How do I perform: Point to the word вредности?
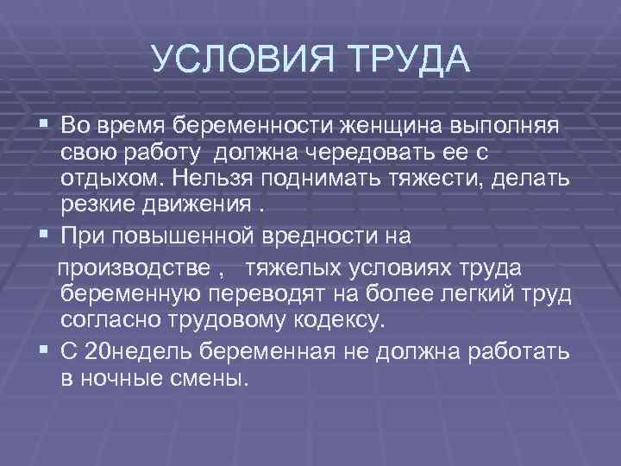click(x=317, y=235)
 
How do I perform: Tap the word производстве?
click(x=133, y=267)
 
